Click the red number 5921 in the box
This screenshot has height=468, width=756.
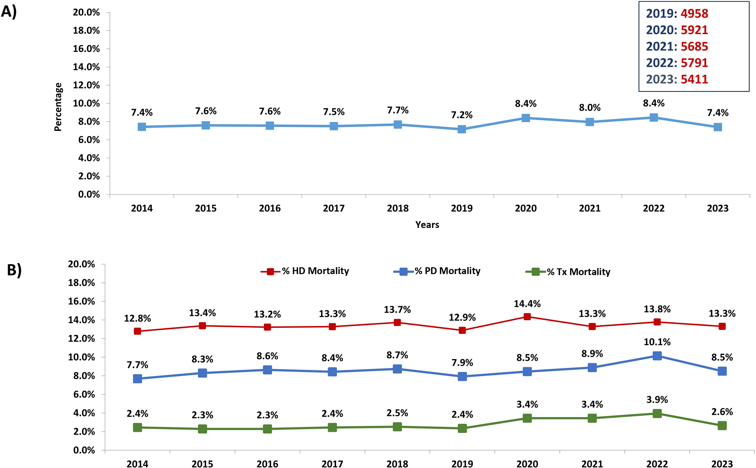694,30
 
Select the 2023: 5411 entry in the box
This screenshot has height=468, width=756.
677,79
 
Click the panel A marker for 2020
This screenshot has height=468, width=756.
526,118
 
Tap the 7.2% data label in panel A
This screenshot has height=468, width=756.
462,115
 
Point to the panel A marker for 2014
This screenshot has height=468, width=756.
142,127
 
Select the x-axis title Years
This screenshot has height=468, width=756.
427,225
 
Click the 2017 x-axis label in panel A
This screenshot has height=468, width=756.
334,208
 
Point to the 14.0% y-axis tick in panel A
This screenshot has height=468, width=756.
86,67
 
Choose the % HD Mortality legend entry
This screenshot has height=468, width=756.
305,271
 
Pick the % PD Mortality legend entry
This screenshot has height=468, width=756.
437,271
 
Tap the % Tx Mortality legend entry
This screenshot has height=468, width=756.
568,272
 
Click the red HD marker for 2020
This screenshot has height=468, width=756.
527,317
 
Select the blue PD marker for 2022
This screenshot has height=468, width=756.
657,356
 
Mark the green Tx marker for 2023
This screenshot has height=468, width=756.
722,426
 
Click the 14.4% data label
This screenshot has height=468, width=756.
527,304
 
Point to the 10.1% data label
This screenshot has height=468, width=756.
657,342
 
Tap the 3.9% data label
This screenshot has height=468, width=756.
657,400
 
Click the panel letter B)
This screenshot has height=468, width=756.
14,270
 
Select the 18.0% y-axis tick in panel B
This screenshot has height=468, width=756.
81,283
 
